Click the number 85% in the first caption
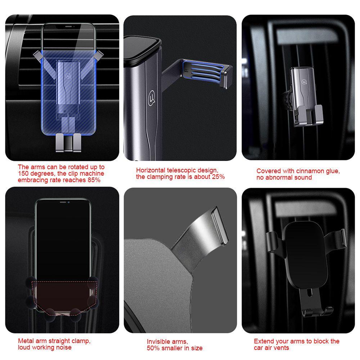(x=93, y=180)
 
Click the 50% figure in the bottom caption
(x=153, y=348)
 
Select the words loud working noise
(x=45, y=347)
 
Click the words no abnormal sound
(x=284, y=177)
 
